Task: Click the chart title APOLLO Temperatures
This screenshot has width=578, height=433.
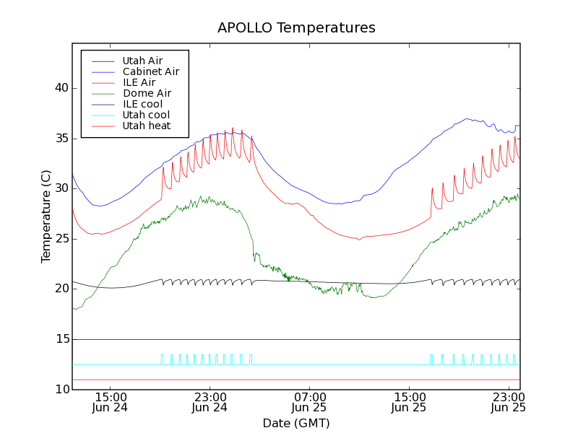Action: click(296, 28)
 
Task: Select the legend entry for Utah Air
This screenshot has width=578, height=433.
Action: click(142, 61)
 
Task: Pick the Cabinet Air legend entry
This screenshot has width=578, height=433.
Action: click(150, 71)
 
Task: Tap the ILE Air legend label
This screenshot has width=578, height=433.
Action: click(139, 82)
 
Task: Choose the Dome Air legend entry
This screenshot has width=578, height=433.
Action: click(147, 93)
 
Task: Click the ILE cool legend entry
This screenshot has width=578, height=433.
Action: click(142, 104)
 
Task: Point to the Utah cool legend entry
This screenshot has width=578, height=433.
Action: click(146, 115)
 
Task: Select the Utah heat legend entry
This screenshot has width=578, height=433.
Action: click(146, 126)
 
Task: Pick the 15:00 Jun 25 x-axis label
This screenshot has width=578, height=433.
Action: click(410, 402)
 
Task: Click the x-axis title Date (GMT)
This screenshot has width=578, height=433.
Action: click(296, 423)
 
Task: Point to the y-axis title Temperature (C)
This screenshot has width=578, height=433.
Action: click(46, 216)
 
